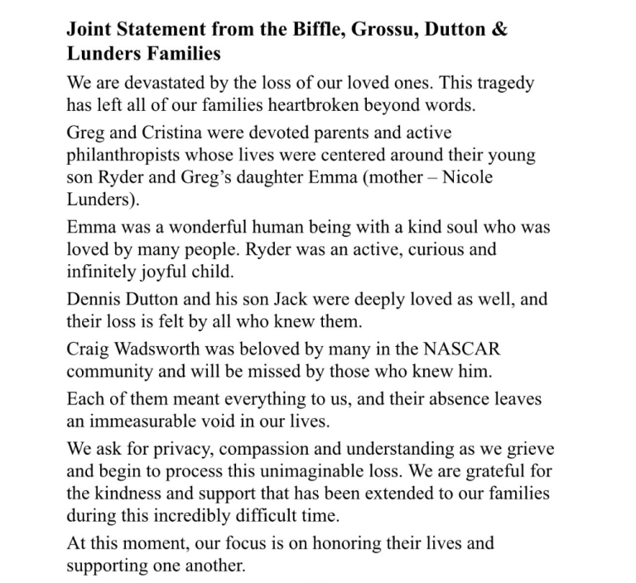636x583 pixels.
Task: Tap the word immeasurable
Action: click(x=149, y=420)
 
